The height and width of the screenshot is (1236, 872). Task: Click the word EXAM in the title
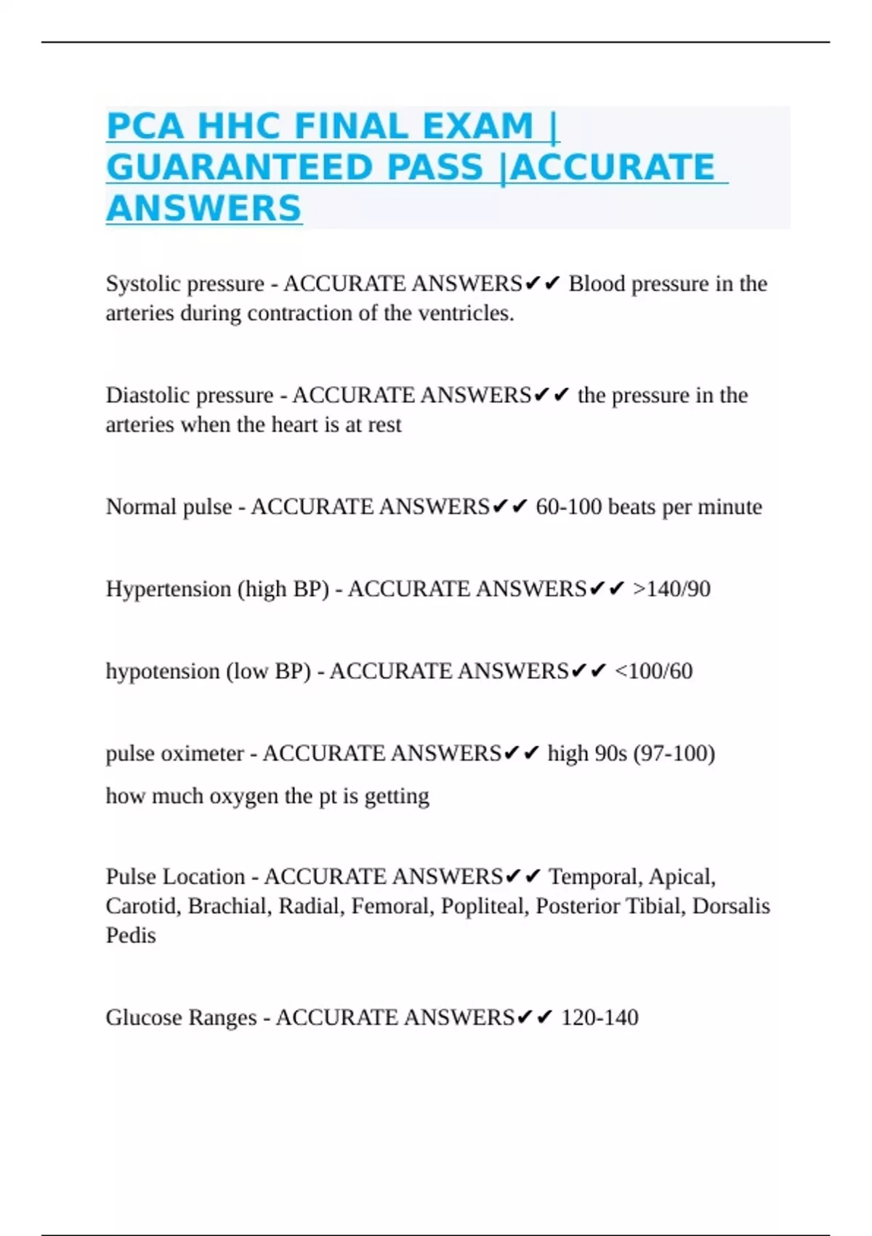click(x=477, y=127)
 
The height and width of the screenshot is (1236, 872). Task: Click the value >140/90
click(x=671, y=589)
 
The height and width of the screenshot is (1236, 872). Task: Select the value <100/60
click(x=653, y=671)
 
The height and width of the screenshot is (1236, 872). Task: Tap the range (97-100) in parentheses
click(x=674, y=753)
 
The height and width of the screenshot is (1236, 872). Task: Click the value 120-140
click(x=599, y=1017)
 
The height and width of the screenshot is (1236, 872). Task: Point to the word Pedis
click(x=131, y=936)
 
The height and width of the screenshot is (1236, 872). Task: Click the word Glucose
click(x=144, y=1017)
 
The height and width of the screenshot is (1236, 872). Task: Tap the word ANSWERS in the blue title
click(x=204, y=209)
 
